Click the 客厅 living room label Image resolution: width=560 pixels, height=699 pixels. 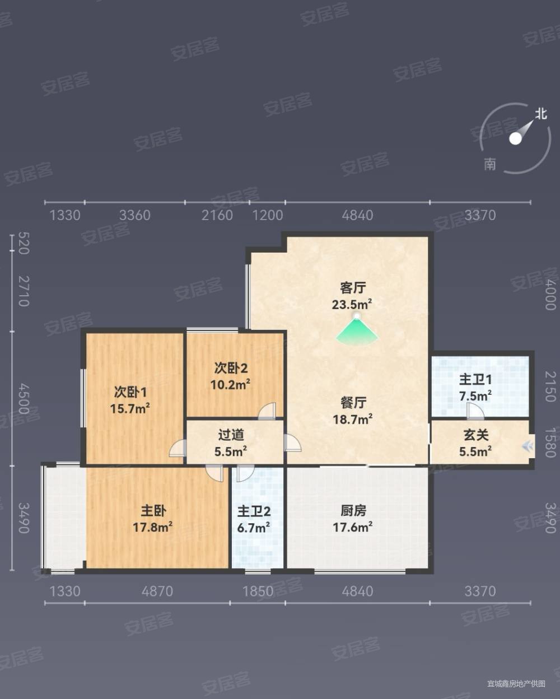click(353, 288)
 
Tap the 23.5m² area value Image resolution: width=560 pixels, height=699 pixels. click(352, 305)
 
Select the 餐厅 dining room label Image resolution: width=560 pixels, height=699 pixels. click(353, 403)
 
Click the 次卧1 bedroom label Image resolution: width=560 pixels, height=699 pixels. click(130, 392)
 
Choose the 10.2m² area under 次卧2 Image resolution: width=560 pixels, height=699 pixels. click(230, 385)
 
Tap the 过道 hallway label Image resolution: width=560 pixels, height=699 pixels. click(231, 435)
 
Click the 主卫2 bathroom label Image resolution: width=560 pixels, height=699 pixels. click(254, 511)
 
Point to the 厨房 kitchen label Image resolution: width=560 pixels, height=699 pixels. click(353, 511)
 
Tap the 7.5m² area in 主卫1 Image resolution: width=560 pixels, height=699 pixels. click(475, 396)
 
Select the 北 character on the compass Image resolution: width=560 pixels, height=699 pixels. click(540, 114)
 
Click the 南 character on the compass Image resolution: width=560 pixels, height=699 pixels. click(490, 164)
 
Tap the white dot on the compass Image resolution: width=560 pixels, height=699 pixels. click(515, 138)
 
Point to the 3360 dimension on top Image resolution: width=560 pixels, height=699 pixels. click(135, 215)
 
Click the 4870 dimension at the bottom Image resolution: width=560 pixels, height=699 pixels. click(157, 591)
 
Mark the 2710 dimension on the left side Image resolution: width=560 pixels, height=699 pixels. click(23, 291)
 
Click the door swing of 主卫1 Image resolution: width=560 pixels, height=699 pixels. click(475, 411)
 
